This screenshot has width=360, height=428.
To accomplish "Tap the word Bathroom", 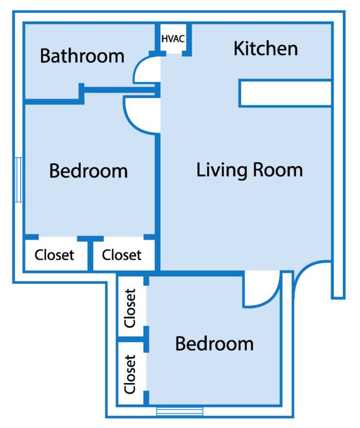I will (x=82, y=56).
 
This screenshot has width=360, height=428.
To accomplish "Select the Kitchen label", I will (x=265, y=48).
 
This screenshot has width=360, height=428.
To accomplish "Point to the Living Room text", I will (x=250, y=170).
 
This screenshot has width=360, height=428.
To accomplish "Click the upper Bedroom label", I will (x=89, y=171).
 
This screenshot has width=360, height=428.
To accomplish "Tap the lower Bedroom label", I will (x=214, y=343).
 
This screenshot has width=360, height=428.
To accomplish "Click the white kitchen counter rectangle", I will (x=285, y=93).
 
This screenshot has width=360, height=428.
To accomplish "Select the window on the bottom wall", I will (x=179, y=412).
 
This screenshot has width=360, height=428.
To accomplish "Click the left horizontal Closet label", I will (x=54, y=255).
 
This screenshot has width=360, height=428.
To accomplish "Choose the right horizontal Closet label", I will (x=122, y=255).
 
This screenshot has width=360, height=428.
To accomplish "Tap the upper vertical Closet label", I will (x=130, y=308).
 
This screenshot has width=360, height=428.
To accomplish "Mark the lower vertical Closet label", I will (x=130, y=374).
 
